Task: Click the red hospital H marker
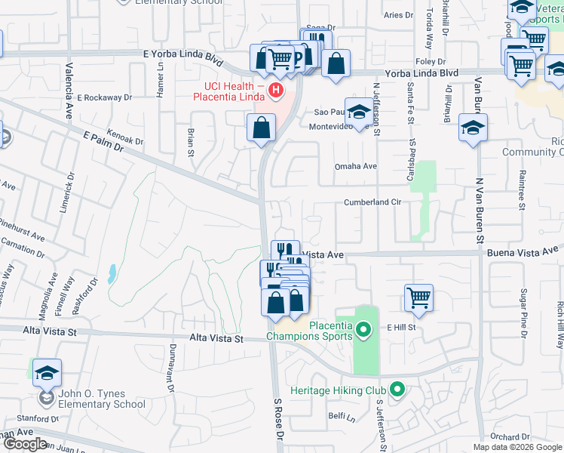click(276, 91)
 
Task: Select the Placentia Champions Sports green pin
click(363, 329)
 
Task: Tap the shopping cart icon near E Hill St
click(418, 297)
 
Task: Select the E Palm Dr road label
click(100, 141)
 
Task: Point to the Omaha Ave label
click(355, 166)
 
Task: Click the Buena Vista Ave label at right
click(523, 251)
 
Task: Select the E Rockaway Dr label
click(104, 97)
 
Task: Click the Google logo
click(25, 444)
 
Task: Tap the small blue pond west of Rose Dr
click(112, 273)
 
